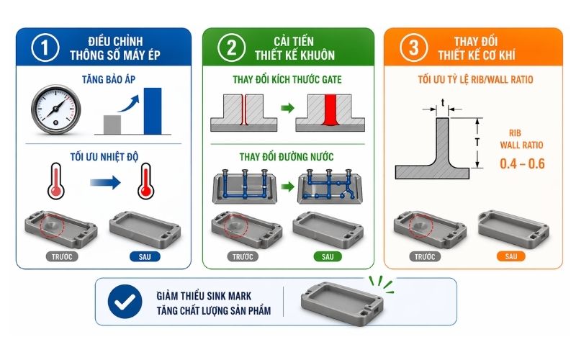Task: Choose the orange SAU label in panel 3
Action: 510,256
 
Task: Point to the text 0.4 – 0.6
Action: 522,164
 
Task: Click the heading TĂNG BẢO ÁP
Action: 104,82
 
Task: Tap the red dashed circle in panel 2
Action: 233,225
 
